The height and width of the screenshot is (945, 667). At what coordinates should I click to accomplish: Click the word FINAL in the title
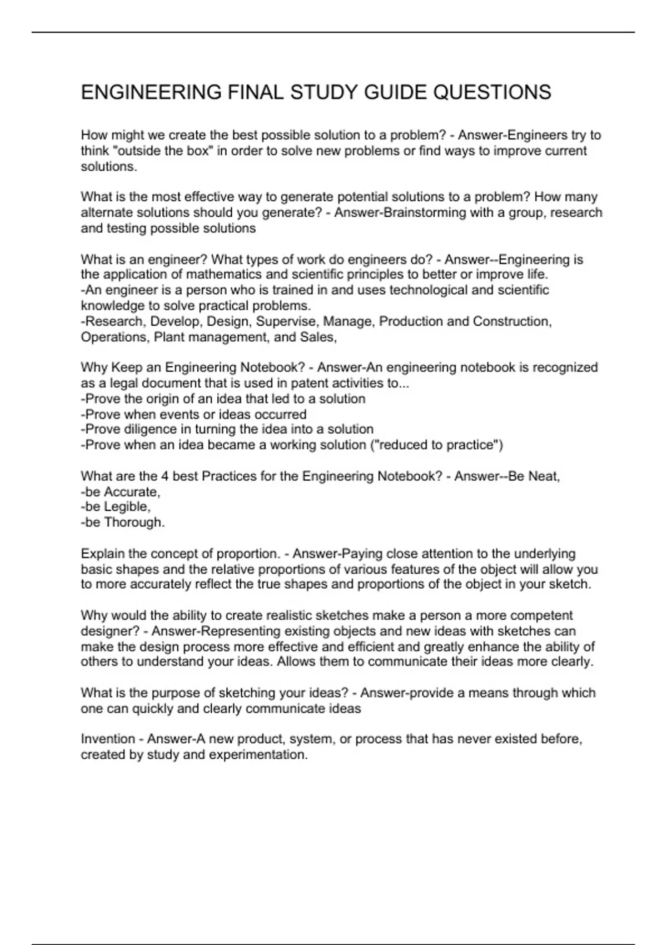(253, 92)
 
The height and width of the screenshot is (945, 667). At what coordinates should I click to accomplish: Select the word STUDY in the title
(325, 92)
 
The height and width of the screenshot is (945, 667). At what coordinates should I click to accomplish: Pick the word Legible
(127, 507)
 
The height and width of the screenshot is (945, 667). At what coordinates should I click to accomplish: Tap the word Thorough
(134, 523)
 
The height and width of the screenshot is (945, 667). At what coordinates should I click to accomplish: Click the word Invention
(108, 739)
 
